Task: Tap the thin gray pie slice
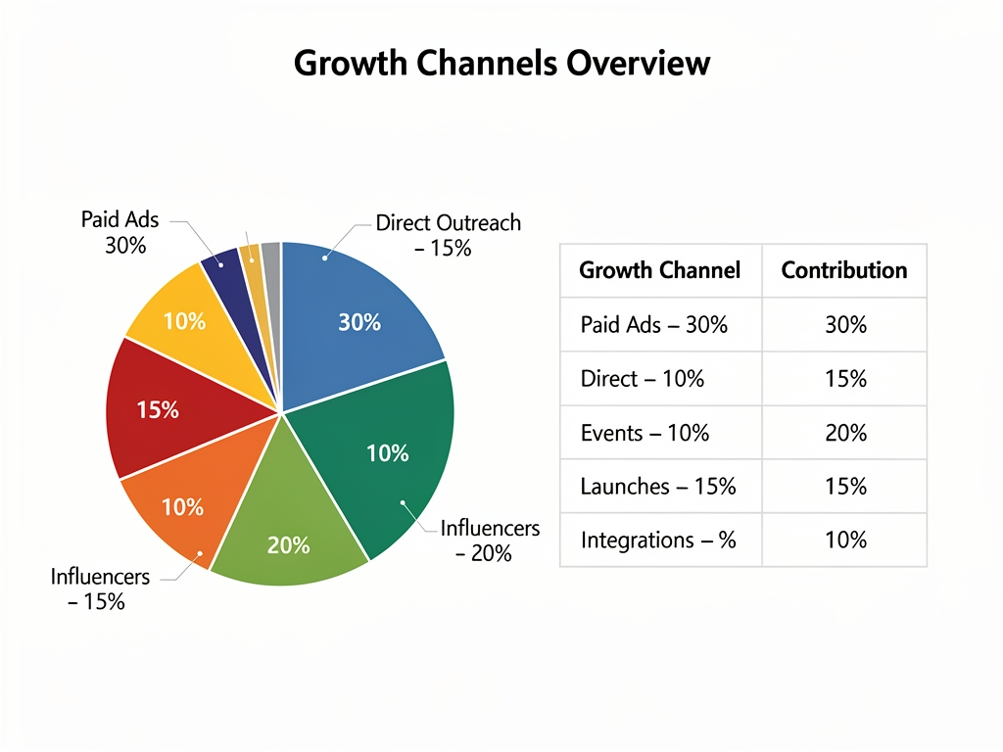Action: pos(271,257)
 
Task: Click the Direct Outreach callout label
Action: pos(449,235)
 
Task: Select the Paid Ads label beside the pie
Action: pos(120,232)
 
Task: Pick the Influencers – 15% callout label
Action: pos(100,588)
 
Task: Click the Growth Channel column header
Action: pos(660,270)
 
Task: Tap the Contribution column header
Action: pos(844,270)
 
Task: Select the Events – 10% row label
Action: pos(645,433)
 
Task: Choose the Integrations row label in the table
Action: pos(658,540)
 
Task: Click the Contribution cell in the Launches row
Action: pos(844,487)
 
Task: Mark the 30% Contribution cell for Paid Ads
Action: pos(844,325)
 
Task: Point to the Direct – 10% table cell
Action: pos(642,379)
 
